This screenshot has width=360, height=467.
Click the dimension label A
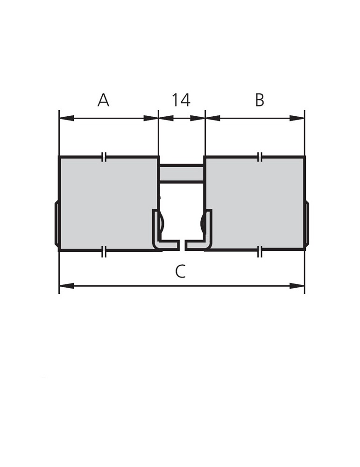pyautogui.click(x=103, y=100)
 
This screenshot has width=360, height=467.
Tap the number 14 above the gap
pyautogui.click(x=181, y=100)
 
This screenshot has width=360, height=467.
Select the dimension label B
pyautogui.click(x=260, y=100)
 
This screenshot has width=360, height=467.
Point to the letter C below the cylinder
pyautogui.click(x=180, y=271)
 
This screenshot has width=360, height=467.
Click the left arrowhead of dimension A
pyautogui.click(x=66, y=118)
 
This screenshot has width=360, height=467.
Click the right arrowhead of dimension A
pyautogui.click(x=151, y=118)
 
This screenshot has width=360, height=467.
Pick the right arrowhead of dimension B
pyautogui.click(x=297, y=118)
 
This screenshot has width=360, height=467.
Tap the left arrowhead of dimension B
pyautogui.click(x=212, y=118)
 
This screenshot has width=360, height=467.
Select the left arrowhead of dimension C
pyautogui.click(x=66, y=286)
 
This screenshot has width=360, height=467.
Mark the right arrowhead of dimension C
pyautogui.click(x=297, y=286)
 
